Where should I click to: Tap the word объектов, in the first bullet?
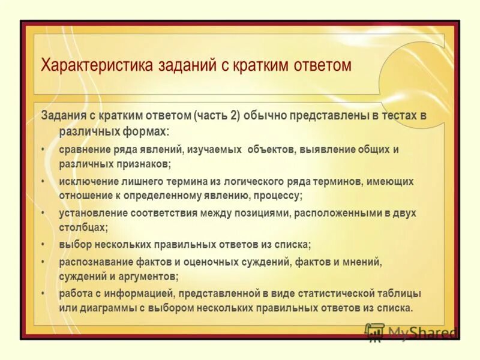coord(268,149)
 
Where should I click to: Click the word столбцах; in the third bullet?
coord(83,228)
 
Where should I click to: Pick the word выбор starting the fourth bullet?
coord(73,245)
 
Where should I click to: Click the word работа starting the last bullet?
coord(74,293)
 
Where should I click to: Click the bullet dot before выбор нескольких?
coord(44,245)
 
